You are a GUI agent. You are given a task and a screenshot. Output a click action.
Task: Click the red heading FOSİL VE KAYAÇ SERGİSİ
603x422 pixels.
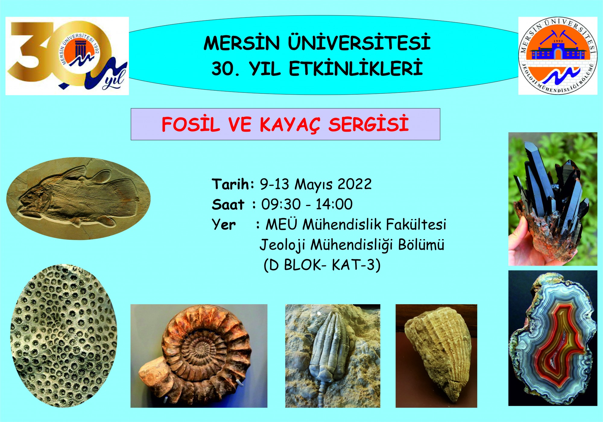coord(285,124)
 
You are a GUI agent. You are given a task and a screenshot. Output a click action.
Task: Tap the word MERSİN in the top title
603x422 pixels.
coord(242,43)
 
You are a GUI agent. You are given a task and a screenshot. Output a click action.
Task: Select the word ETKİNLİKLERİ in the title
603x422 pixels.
coord(356,68)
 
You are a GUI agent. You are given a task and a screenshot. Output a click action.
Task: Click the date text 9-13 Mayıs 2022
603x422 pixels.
coord(316,184)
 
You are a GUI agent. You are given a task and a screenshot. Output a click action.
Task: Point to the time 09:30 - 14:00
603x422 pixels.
coord(307,204)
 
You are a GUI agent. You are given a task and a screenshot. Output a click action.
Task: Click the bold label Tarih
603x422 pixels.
coord(233,184)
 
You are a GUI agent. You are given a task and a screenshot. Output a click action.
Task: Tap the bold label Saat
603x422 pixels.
coord(228,205)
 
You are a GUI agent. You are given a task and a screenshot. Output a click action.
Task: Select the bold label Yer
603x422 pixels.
coord(224,225)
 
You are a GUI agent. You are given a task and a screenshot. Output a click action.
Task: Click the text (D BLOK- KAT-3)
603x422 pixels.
coord(322,265)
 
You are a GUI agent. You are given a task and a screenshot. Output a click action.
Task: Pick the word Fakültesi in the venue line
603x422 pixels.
coord(416,224)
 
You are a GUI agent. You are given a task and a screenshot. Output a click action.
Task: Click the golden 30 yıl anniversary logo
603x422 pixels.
coord(67,56)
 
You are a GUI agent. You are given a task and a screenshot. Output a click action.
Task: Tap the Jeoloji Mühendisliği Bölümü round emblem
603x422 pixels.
coord(558,56)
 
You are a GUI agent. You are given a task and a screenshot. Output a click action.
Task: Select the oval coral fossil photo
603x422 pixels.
coord(64,336)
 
